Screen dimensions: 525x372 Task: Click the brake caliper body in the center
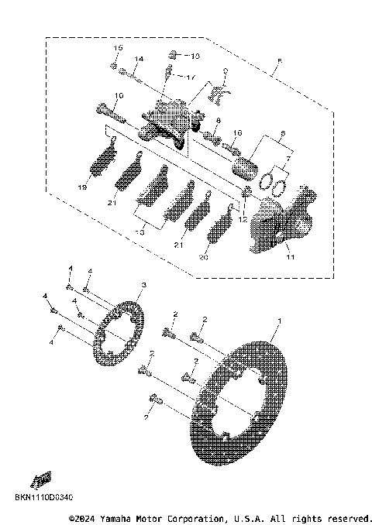coord(167,120)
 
